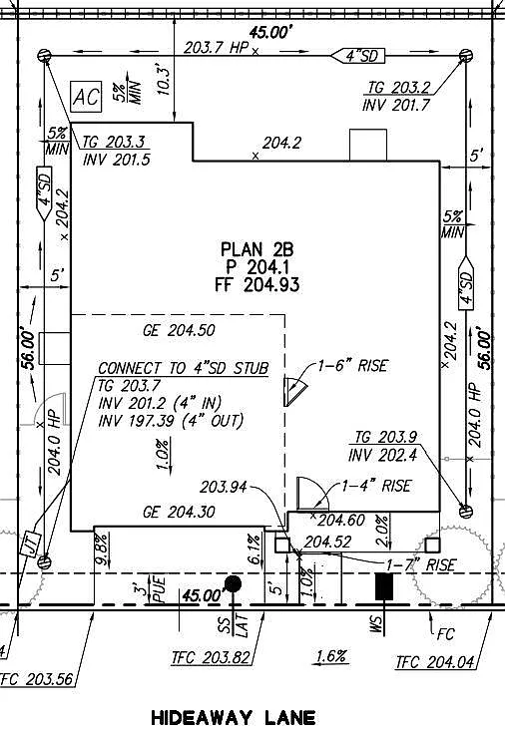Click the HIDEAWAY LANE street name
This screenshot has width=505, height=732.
[233, 717]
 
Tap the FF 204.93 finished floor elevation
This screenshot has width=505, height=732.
[257, 284]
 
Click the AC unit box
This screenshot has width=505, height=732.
[87, 97]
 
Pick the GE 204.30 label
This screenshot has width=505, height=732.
[179, 512]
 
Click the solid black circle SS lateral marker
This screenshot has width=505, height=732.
[233, 583]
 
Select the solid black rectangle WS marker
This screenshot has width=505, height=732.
[381, 586]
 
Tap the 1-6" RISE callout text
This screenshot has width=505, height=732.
[352, 366]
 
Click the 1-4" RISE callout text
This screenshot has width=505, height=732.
[375, 487]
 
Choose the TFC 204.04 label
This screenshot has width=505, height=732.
[435, 661]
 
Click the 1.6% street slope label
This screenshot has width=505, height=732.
[330, 656]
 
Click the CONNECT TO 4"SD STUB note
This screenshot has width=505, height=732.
[183, 367]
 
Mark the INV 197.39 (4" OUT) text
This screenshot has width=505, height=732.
[170, 421]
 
